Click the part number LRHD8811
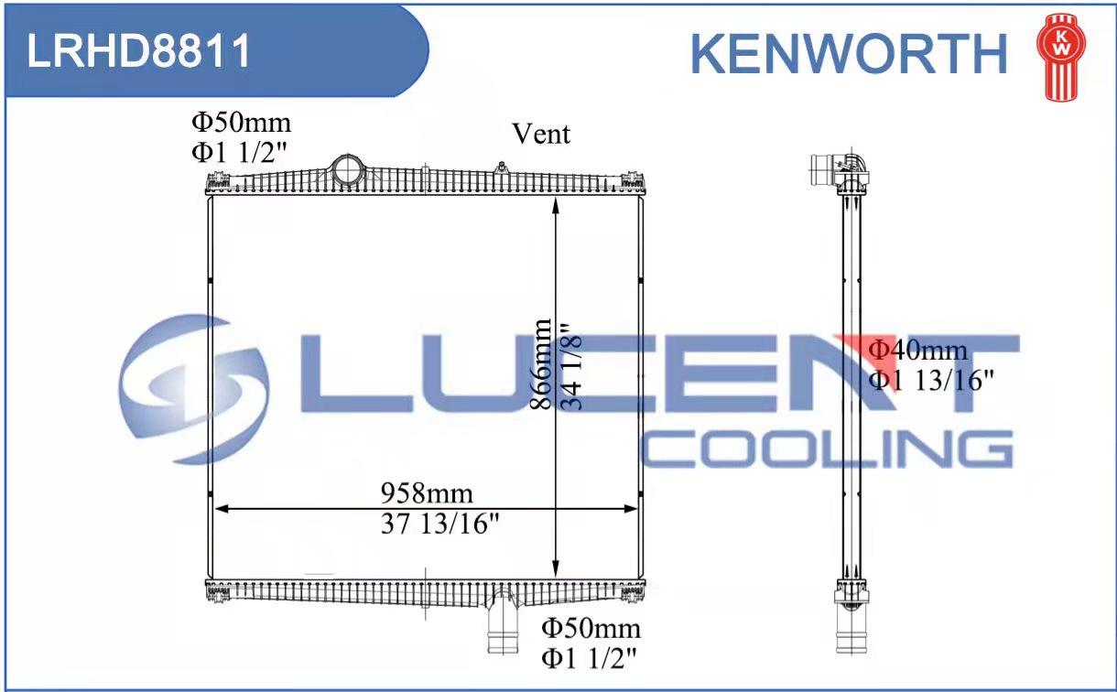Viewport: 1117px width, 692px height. pyautogui.click(x=138, y=50)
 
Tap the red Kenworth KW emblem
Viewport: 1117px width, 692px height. pyautogui.click(x=1062, y=58)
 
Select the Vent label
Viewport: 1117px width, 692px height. pyautogui.click(x=541, y=134)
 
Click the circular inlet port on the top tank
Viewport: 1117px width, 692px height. pyautogui.click(x=347, y=170)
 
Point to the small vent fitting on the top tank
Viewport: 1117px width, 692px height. pyautogui.click(x=502, y=168)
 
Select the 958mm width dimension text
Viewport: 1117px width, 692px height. pyautogui.click(x=427, y=493)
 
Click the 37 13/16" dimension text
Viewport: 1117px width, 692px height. pyautogui.click(x=440, y=524)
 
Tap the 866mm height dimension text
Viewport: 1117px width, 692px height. pyautogui.click(x=540, y=364)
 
